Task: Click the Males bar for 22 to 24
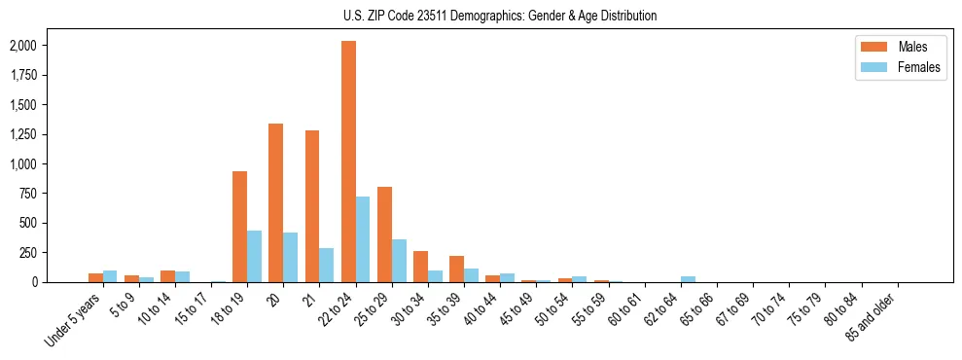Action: point(348,162)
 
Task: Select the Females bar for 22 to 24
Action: point(363,239)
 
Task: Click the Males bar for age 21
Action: point(312,206)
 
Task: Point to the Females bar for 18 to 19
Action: point(255,256)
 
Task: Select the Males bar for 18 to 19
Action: point(240,227)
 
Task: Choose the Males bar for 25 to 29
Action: point(384,234)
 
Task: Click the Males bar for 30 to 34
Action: point(420,267)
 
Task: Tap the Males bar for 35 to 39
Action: point(456,270)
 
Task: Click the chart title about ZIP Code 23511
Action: point(500,16)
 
